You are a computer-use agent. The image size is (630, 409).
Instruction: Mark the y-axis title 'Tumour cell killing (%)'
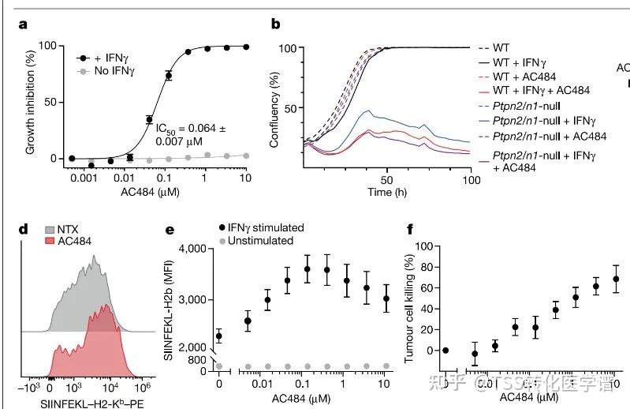409,308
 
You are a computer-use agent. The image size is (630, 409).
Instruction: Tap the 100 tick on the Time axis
471,180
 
